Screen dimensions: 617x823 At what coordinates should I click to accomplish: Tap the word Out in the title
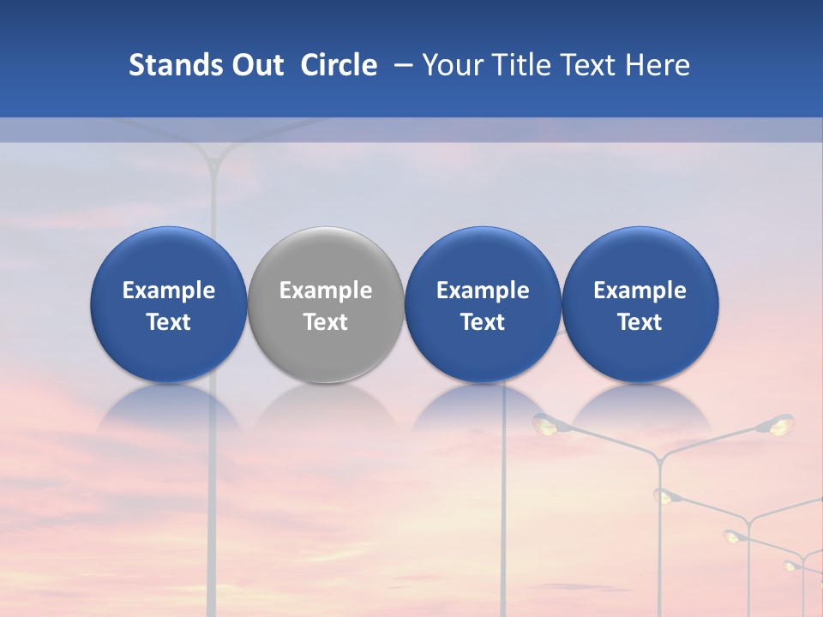(256, 65)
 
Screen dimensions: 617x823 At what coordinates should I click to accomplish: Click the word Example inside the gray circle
(326, 291)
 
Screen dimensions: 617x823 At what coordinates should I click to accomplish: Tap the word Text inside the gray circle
(326, 322)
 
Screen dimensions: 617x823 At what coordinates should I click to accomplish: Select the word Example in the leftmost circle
(168, 291)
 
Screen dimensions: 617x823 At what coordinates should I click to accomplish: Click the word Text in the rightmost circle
(640, 322)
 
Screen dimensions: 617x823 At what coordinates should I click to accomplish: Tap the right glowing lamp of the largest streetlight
(780, 423)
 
